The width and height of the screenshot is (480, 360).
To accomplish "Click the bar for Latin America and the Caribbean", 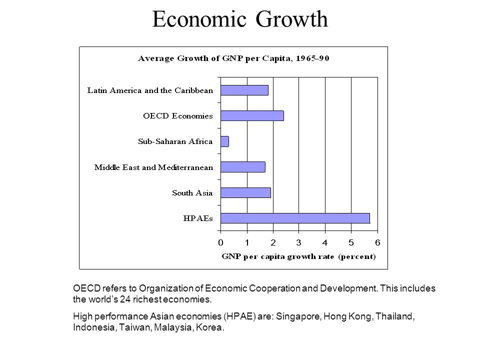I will pyautogui.click(x=244, y=90).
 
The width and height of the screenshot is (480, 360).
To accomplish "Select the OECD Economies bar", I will pyautogui.click(x=252, y=115).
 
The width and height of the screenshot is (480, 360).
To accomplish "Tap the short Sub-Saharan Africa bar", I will pyautogui.click(x=224, y=141).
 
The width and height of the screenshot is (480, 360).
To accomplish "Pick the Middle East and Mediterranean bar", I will pyautogui.click(x=242, y=167).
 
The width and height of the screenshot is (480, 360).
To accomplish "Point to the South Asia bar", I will pyautogui.click(x=245, y=192).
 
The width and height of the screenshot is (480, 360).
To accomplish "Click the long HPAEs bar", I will pyautogui.click(x=295, y=218).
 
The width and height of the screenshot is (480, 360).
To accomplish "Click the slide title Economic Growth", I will pyautogui.click(x=240, y=19).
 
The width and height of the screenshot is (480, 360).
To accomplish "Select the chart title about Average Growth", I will pyautogui.click(x=233, y=59).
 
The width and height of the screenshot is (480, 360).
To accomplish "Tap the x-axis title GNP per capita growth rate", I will pyautogui.click(x=298, y=257).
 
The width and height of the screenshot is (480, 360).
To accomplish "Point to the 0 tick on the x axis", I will pyautogui.click(x=220, y=242).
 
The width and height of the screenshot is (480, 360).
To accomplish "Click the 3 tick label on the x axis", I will pyautogui.click(x=299, y=242).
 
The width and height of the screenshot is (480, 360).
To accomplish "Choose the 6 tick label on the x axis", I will pyautogui.click(x=377, y=242).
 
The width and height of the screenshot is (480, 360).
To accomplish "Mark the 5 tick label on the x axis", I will pyautogui.click(x=351, y=242).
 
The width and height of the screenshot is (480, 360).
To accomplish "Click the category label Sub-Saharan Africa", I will pyautogui.click(x=175, y=141).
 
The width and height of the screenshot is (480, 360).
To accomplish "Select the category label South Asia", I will pyautogui.click(x=192, y=192).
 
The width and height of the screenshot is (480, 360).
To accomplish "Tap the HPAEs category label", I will pyautogui.click(x=199, y=218).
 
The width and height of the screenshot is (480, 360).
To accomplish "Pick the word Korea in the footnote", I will pyautogui.click(x=209, y=328).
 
